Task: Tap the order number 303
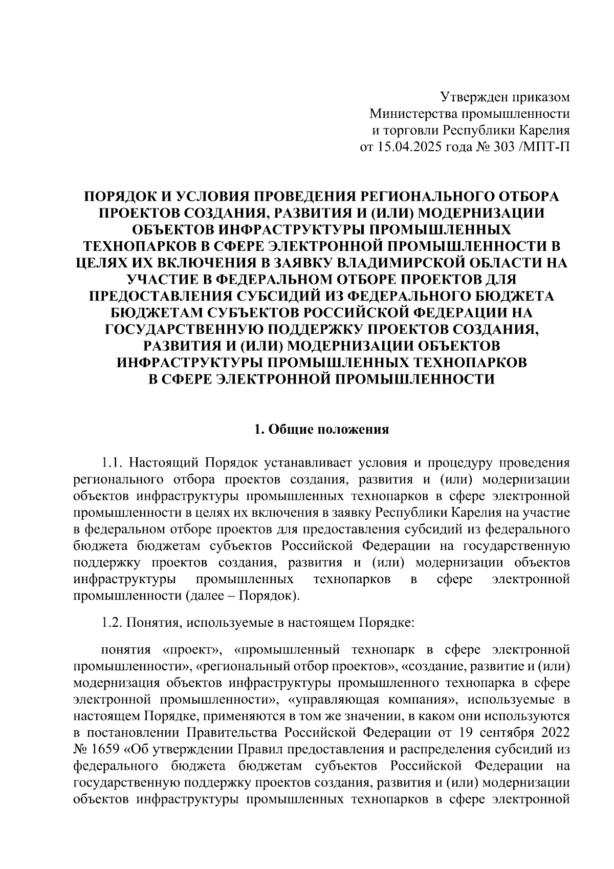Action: pyautogui.click(x=505, y=147)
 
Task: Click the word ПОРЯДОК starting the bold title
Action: pyautogui.click(x=119, y=196)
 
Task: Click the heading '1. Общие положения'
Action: pyautogui.click(x=322, y=429)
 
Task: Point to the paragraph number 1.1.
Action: pyautogui.click(x=112, y=463)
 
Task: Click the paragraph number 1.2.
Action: pyautogui.click(x=112, y=623)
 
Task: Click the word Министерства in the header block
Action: pyautogui.click(x=413, y=114)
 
